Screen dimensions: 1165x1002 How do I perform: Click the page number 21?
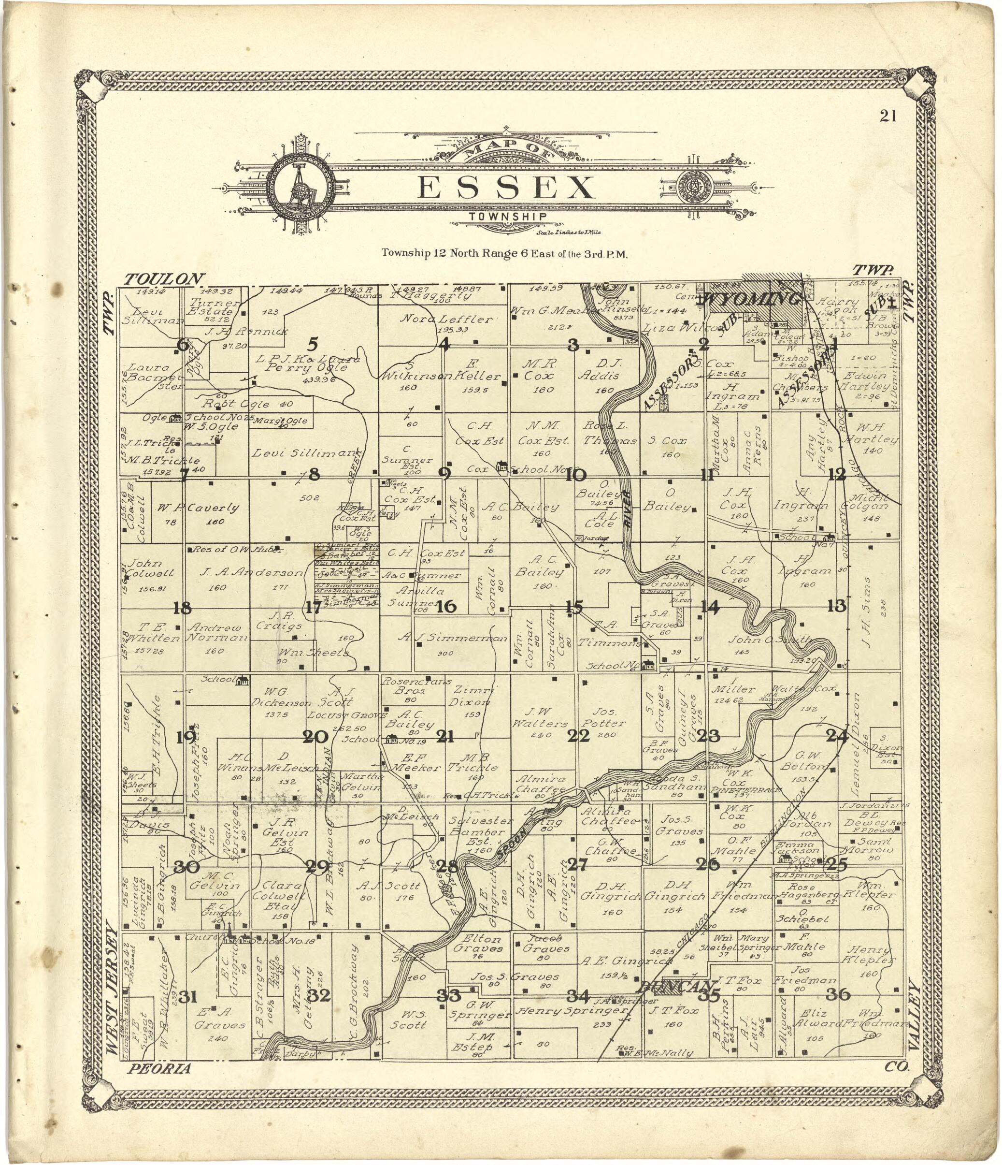pos(888,116)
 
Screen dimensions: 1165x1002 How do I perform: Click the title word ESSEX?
pos(506,188)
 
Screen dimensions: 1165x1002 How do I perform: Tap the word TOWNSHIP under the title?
pos(508,217)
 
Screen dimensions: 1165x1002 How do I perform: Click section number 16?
pos(447,606)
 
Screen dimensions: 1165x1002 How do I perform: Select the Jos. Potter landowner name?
pos(603,717)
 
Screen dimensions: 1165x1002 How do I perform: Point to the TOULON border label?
pos(163,279)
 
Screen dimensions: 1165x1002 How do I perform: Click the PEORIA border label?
pos(159,1069)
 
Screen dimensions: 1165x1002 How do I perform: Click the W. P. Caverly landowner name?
pos(198,508)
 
